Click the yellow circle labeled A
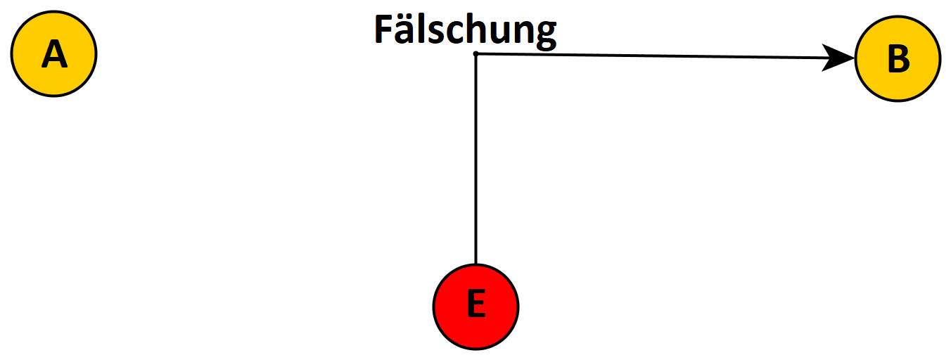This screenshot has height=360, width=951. (53, 54)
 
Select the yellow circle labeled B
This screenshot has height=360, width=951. (898, 59)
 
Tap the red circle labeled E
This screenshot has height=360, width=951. (475, 306)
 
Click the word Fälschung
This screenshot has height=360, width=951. (464, 32)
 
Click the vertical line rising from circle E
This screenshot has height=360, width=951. (476, 162)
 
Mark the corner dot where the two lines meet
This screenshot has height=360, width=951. (476, 53)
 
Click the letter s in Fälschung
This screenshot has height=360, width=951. (430, 34)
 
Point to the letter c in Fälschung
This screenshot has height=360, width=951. (447, 34)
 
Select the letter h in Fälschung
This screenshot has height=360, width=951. (466, 32)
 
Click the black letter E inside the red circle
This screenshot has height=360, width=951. (475, 306)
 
